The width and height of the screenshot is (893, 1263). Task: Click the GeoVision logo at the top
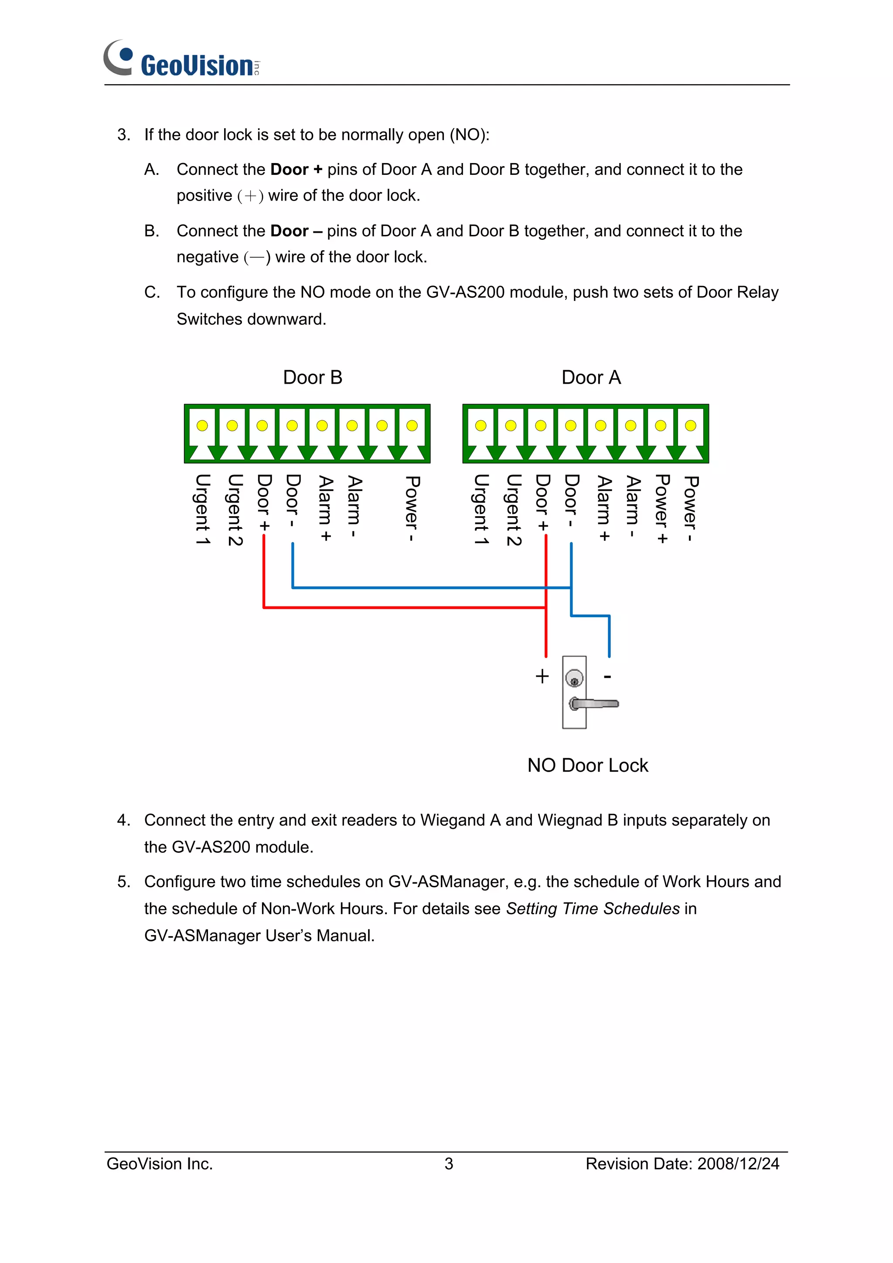(x=181, y=59)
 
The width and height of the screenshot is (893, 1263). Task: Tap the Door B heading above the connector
(x=313, y=378)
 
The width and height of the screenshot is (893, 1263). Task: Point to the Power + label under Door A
(x=662, y=509)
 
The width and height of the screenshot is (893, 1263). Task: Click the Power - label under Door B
(x=412, y=509)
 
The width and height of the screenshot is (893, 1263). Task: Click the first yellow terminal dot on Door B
(x=202, y=425)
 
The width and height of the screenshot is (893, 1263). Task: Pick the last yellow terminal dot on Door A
(x=691, y=425)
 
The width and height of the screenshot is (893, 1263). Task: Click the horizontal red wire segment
(x=404, y=607)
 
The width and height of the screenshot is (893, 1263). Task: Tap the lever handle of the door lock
(x=597, y=704)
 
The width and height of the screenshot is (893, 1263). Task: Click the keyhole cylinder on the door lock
(x=574, y=679)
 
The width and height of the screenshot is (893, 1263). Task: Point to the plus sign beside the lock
(x=542, y=676)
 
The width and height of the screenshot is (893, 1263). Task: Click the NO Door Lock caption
(x=588, y=765)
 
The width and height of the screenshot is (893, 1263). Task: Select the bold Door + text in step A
(x=296, y=170)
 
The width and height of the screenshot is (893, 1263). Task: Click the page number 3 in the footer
(x=448, y=1164)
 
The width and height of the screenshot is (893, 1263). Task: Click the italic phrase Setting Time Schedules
(x=593, y=908)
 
